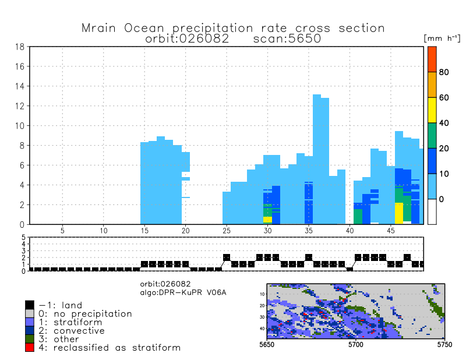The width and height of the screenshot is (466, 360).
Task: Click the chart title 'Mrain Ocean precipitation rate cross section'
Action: tap(233, 28)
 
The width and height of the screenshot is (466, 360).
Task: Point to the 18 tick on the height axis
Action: tap(19, 47)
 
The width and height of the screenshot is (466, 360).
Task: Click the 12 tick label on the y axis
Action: tap(19, 106)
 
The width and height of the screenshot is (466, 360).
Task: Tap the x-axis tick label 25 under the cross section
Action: tap(227, 231)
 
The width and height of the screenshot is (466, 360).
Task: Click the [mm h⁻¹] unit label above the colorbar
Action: tap(442, 38)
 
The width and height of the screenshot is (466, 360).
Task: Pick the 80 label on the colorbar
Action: tap(443, 72)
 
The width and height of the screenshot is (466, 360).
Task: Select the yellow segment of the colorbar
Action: tap(432, 110)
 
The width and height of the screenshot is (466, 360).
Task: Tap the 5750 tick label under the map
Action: tap(444, 345)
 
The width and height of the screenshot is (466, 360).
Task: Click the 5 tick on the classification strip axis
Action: tap(24, 238)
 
